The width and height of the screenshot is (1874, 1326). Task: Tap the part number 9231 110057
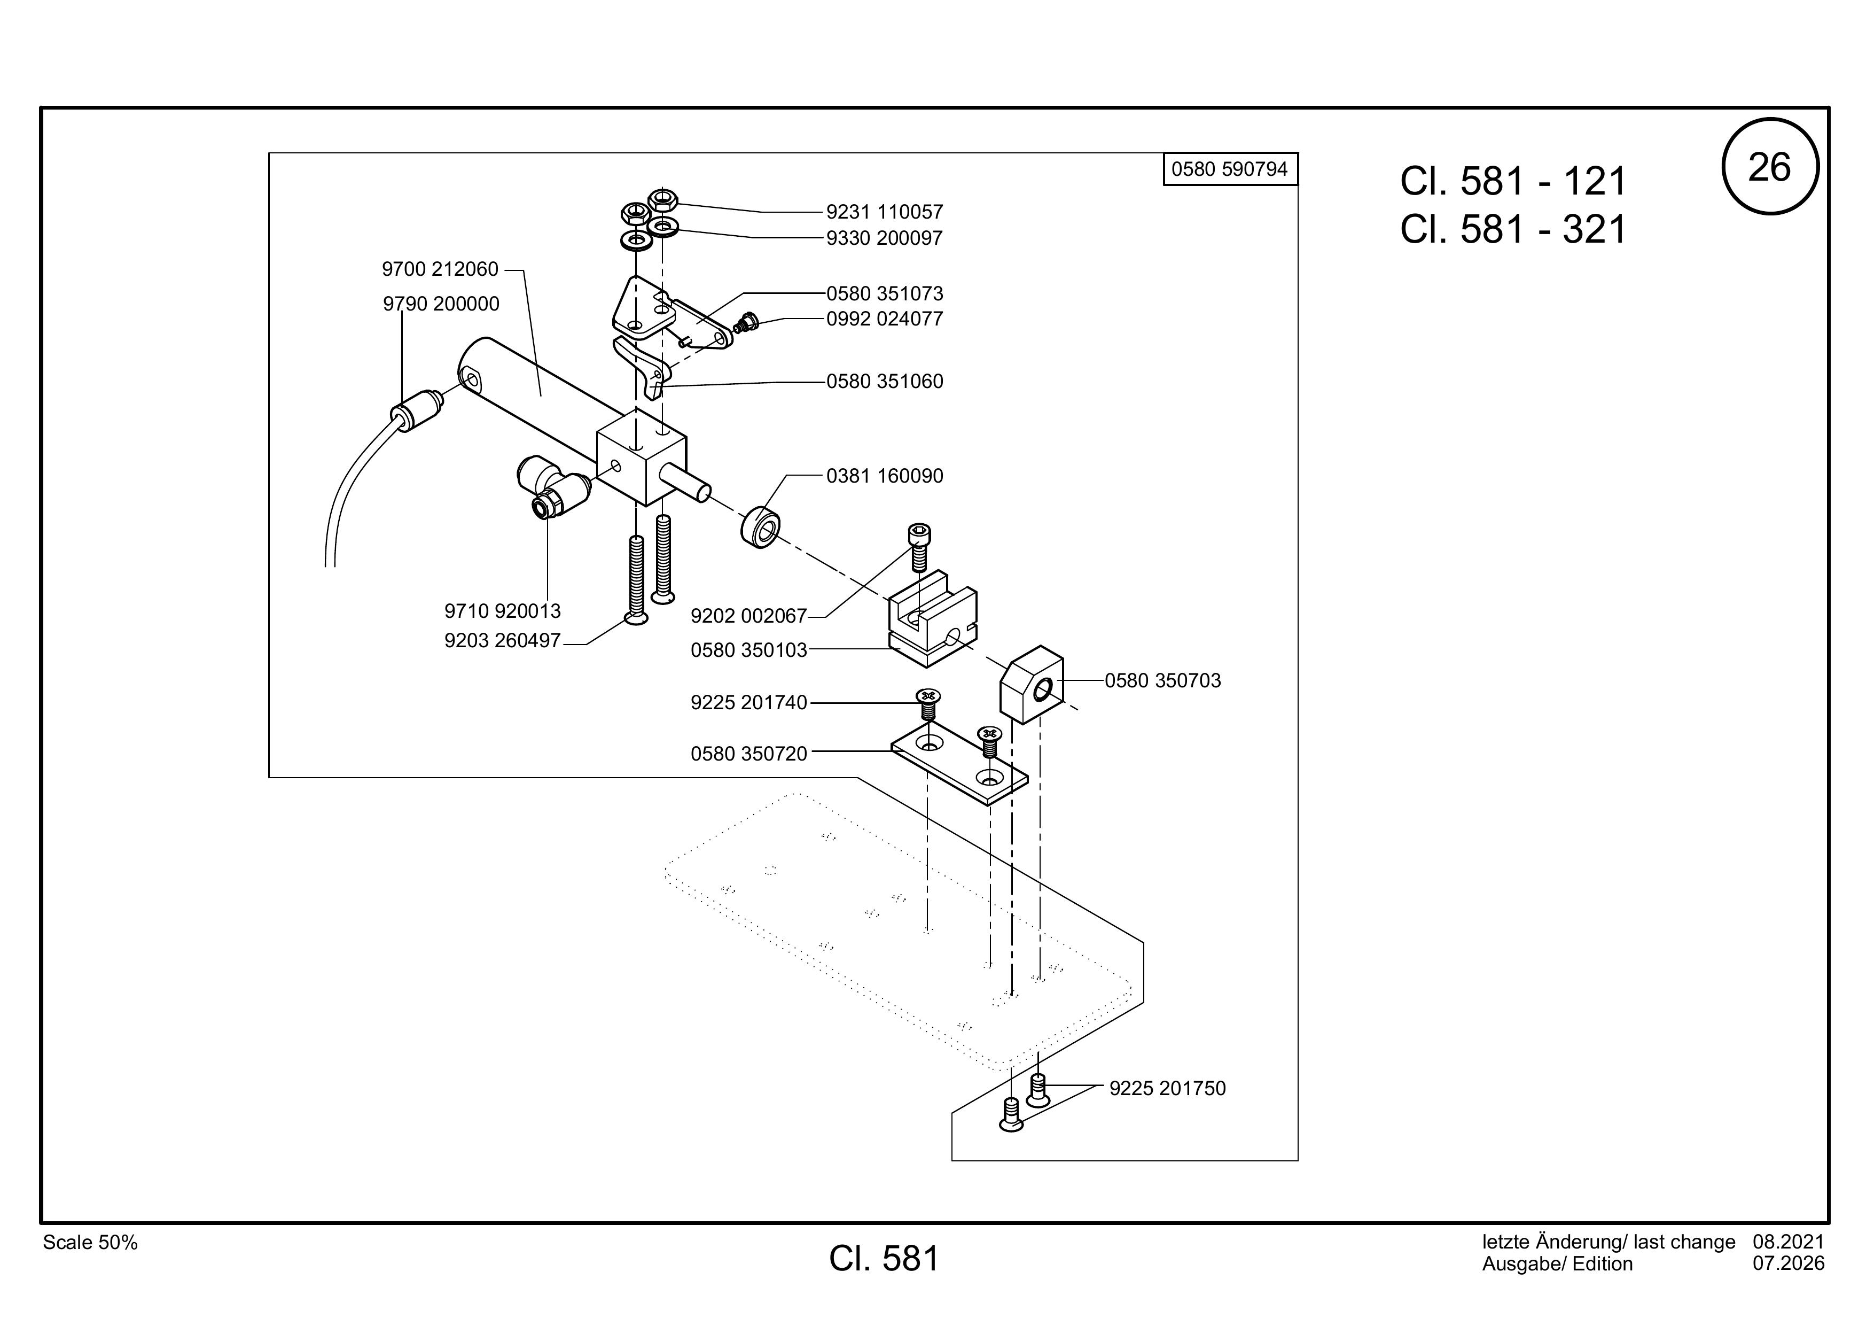tap(884, 212)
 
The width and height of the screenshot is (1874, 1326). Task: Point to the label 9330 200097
tap(884, 238)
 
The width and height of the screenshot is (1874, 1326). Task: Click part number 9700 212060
tap(440, 269)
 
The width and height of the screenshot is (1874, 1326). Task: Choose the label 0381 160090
tap(885, 476)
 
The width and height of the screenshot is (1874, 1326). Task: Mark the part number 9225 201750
tap(1167, 1088)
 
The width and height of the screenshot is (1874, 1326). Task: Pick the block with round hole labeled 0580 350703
tap(1031, 684)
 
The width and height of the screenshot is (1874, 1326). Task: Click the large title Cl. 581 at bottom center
tap(884, 1259)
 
